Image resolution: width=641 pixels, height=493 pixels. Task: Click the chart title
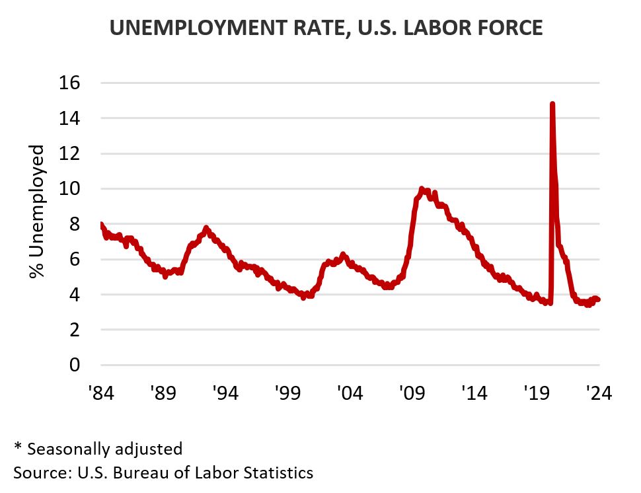pos(326,28)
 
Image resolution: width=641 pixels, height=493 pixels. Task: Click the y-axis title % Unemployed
pos(37,211)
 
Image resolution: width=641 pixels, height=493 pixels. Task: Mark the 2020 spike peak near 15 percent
pos(552,104)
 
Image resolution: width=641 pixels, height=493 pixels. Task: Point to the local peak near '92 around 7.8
pos(206,228)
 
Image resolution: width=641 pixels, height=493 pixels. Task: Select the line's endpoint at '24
pos(598,299)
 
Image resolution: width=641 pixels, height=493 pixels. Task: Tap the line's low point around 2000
pos(303,297)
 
